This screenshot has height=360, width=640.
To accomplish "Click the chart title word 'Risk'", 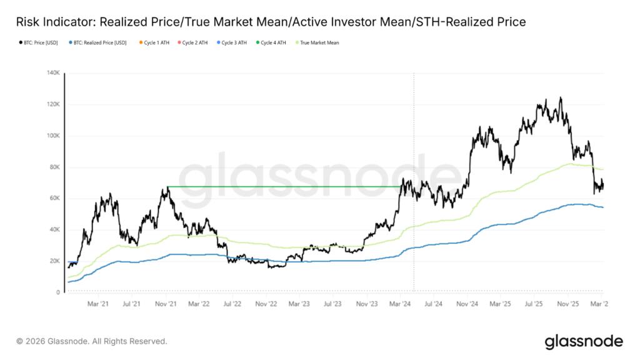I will click(x=28, y=22).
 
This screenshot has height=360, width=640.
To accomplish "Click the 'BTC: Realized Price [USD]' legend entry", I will click(x=99, y=43).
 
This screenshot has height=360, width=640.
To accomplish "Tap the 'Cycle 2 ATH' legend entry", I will click(x=195, y=43).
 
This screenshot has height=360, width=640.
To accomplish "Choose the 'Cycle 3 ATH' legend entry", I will click(x=234, y=43).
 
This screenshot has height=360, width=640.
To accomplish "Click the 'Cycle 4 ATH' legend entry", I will click(x=273, y=43).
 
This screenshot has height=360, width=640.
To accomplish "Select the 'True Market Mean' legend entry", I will click(x=319, y=43).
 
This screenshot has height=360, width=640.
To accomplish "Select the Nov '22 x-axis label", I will click(x=266, y=304).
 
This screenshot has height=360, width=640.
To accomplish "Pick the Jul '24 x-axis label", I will click(x=434, y=304).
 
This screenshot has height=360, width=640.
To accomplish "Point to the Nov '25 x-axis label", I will click(x=568, y=304).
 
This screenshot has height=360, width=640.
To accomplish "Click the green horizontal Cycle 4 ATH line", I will click(x=281, y=186).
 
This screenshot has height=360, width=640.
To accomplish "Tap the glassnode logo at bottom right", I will click(x=583, y=341).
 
